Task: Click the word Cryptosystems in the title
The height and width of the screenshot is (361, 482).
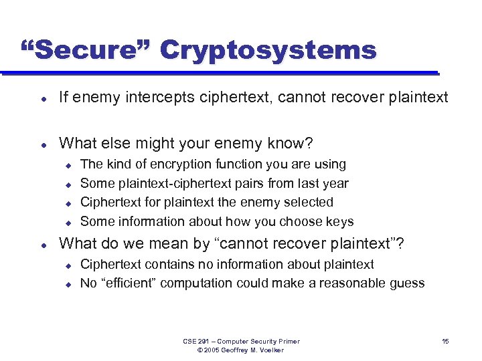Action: (268, 50)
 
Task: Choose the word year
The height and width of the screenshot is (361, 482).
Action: (335, 183)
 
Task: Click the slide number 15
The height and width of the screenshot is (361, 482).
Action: (445, 342)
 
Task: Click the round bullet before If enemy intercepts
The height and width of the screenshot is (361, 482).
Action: (43, 98)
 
